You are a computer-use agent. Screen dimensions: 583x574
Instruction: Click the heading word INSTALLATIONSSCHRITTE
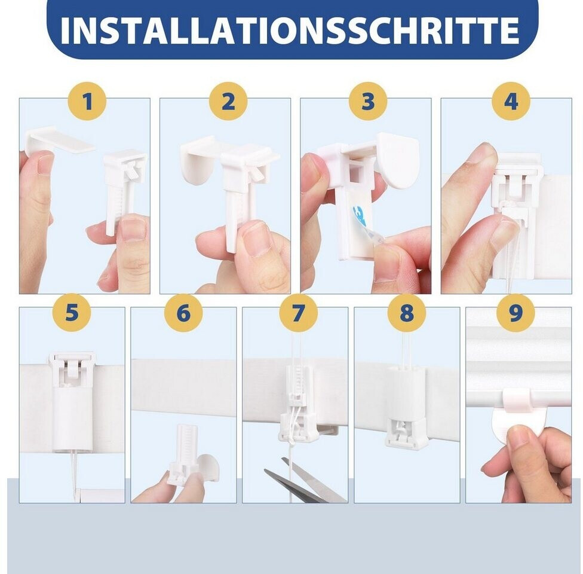[290, 30]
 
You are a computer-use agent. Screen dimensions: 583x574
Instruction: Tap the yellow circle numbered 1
[87, 101]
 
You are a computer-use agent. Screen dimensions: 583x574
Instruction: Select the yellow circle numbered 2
[228, 101]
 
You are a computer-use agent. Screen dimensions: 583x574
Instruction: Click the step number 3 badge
[368, 101]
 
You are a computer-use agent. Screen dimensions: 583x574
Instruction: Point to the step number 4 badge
[511, 101]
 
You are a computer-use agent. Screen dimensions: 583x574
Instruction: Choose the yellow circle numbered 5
[72, 312]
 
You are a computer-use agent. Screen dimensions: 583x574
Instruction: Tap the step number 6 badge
[183, 312]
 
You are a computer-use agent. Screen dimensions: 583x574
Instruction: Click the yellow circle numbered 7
[299, 312]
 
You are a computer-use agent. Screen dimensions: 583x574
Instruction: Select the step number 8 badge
[406, 312]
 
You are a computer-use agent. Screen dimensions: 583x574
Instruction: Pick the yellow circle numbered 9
[516, 312]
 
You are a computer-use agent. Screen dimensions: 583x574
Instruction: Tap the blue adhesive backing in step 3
[360, 216]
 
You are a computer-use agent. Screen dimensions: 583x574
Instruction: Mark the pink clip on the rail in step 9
[517, 400]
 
